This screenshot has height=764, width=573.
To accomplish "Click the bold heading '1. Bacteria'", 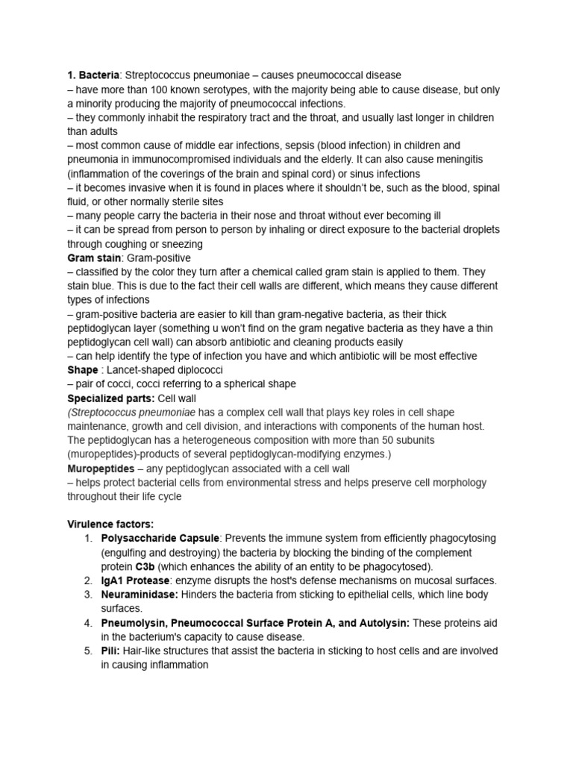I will coord(93,75).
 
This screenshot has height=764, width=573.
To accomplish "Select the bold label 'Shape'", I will coord(83,370).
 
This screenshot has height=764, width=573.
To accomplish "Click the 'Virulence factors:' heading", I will coord(110,525).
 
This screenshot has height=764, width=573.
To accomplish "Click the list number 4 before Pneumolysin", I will coord(87,623).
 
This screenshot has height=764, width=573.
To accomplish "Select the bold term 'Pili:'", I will coord(113,651).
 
